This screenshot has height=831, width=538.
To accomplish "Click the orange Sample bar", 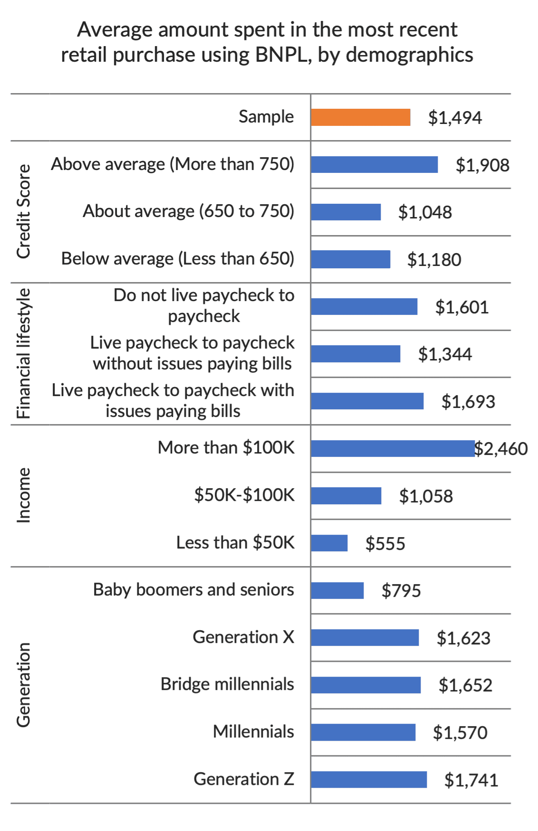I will point(361,117).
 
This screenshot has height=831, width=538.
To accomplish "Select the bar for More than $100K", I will point(393,449).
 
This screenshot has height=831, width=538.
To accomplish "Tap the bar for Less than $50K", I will point(329,543).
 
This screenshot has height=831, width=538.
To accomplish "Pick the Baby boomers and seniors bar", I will point(337,591).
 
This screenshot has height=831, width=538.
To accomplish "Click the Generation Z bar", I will point(369,780).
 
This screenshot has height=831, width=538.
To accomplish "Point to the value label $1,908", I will point(482,165).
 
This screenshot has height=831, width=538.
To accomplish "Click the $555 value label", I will point(385,544).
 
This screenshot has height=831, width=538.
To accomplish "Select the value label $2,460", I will point(501,449).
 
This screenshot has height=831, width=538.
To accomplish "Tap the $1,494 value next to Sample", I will point(455,118).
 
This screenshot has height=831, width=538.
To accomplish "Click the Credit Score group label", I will point(24,212).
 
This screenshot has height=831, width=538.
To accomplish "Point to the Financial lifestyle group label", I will point(24,354).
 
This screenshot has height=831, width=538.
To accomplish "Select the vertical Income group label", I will point(24,496).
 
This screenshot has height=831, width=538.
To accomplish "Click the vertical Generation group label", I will point(24,685).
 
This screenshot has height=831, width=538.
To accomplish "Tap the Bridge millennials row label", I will point(227,684).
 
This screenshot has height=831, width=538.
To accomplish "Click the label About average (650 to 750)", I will point(189,211).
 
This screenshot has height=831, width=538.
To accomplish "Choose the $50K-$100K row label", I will point(244,495).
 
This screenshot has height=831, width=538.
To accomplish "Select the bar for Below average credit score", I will point(351,260).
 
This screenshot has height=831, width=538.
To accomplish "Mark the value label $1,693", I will point(468,402).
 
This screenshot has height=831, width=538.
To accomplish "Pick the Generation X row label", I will point(243,637).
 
